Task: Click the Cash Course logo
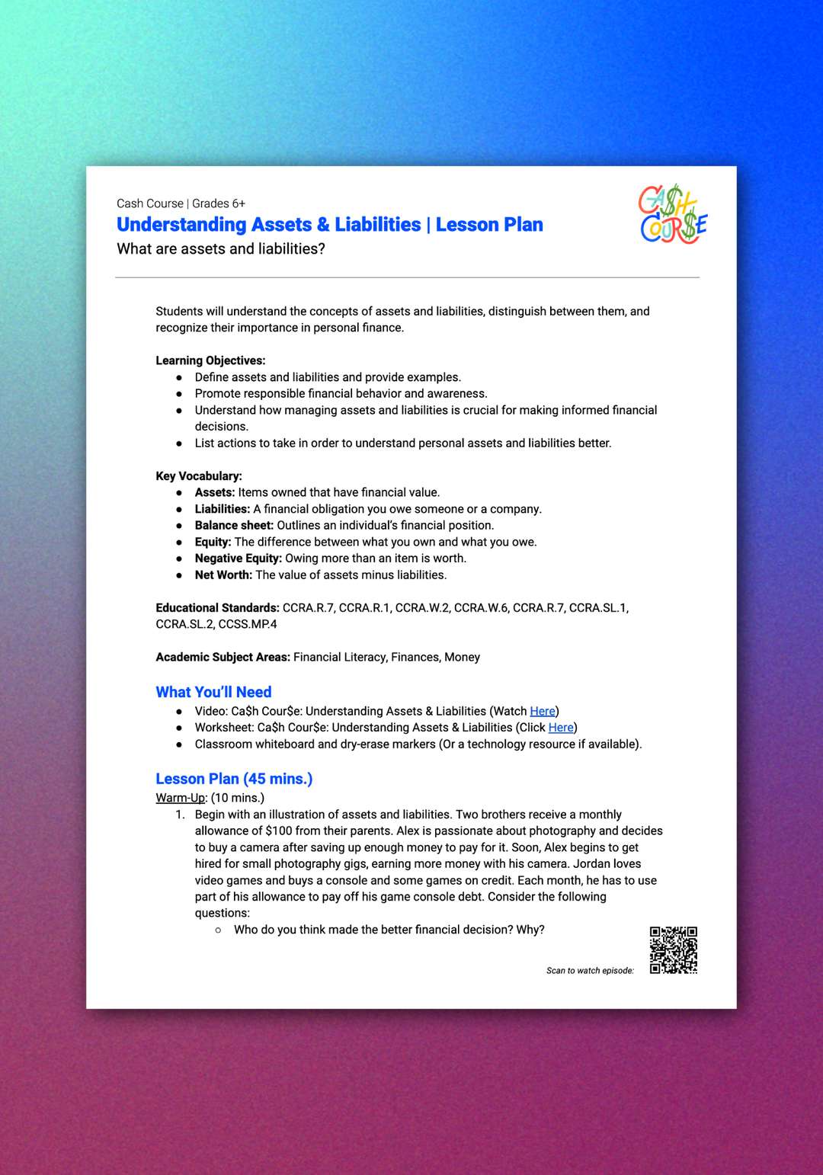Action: [x=673, y=215]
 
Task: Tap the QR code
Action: [x=674, y=950]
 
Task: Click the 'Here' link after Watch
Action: [x=543, y=711]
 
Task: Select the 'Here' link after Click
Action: [x=561, y=728]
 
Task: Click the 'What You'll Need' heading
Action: [x=213, y=692]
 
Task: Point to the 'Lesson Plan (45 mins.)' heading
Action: [x=234, y=779]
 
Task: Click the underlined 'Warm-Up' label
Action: [x=181, y=798]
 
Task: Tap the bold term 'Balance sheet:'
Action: [x=234, y=526]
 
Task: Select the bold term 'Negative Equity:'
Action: [x=238, y=559]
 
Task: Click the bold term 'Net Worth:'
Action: [x=223, y=575]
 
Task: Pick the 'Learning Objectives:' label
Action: [x=210, y=361]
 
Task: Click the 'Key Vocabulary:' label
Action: [x=199, y=476]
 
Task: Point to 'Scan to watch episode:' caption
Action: [x=590, y=971]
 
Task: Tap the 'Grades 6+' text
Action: [x=219, y=203]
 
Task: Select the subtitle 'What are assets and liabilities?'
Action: [x=221, y=249]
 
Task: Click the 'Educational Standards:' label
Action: [x=217, y=608]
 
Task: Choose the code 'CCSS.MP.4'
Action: [x=248, y=625]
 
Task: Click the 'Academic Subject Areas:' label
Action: [x=223, y=658]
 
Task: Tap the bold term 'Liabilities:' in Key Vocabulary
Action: [x=222, y=509]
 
